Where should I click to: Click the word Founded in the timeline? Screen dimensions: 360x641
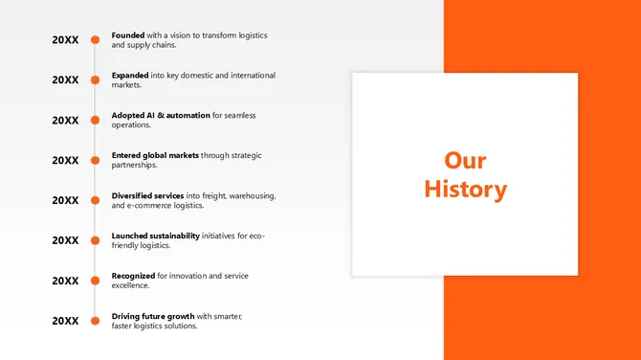point(128,35)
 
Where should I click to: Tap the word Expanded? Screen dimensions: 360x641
point(130,75)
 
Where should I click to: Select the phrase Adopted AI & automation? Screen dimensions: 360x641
point(161,115)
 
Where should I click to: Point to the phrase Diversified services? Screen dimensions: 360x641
point(147,195)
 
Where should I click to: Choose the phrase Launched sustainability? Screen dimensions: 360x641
point(156,236)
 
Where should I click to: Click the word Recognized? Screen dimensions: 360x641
point(133,276)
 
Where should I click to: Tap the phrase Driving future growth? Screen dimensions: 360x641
point(153,316)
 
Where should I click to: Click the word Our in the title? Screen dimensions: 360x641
point(466,160)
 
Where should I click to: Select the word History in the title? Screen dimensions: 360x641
point(466,190)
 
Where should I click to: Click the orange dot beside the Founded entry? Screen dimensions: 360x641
point(95,40)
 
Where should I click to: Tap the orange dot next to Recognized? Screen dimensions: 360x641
point(95,281)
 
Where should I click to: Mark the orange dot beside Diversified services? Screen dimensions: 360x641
point(95,200)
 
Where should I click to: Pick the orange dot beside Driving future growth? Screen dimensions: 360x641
point(95,321)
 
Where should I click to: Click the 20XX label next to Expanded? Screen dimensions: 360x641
point(65,80)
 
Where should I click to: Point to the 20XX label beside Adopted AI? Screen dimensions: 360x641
point(65,121)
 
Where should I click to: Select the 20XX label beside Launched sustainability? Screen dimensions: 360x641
point(65,240)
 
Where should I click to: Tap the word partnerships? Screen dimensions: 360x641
point(134,165)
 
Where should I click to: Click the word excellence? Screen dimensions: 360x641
point(130,285)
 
